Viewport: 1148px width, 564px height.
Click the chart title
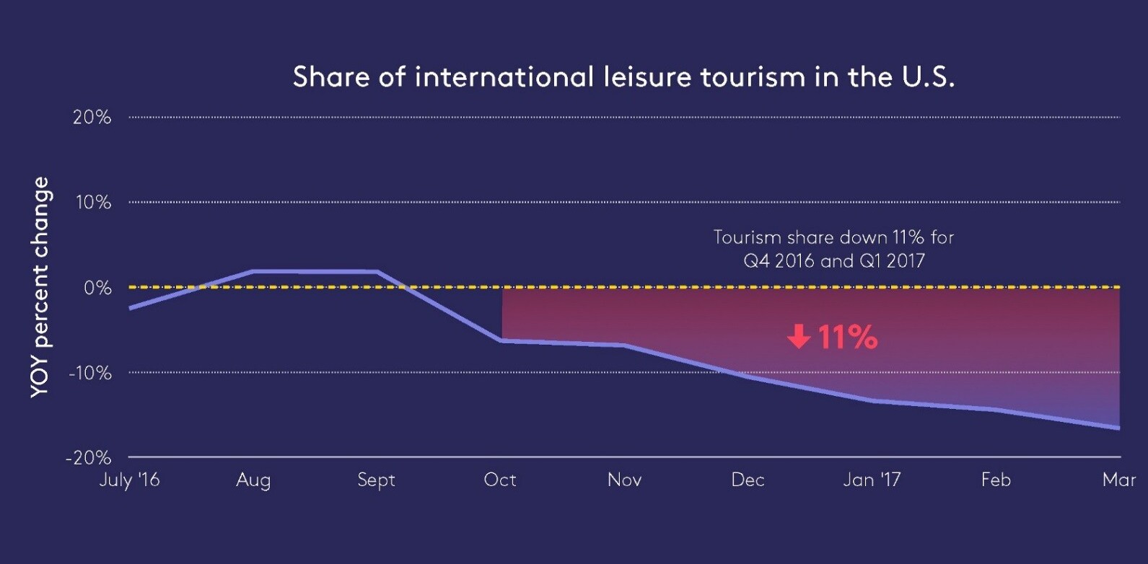click(623, 77)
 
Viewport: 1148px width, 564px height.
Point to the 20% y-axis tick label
click(92, 118)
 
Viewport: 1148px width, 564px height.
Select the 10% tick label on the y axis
click(93, 203)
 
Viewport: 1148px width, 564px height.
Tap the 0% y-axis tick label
click(97, 288)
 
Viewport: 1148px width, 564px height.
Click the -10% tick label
click(90, 373)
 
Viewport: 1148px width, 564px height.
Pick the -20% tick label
click(89, 458)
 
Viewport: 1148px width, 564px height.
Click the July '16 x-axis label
click(129, 480)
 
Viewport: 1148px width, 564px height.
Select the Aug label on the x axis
click(253, 480)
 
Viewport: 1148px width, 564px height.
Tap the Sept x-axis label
click(376, 480)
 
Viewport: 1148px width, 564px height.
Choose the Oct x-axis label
click(500, 480)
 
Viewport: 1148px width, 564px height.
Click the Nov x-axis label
click(624, 480)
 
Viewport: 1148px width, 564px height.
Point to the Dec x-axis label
click(748, 480)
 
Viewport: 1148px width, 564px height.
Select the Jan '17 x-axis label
click(872, 480)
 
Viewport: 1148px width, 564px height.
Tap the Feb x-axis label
click(996, 480)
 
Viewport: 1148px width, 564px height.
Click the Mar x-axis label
click(1118, 480)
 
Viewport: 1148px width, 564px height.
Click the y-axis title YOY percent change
click(40, 287)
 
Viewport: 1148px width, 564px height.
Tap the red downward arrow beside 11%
click(799, 336)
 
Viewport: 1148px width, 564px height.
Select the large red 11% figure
click(847, 337)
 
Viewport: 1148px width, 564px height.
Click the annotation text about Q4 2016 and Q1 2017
click(833, 249)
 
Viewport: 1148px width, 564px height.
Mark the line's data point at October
click(501, 340)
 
